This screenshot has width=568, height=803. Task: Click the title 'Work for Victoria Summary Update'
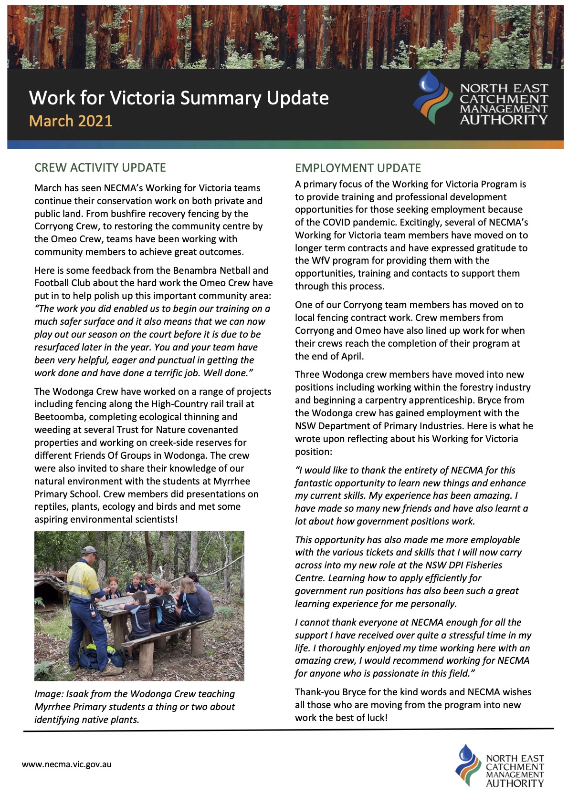click(179, 98)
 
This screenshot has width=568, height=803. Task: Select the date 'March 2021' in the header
click(71, 121)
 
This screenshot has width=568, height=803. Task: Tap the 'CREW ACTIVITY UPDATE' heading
click(100, 167)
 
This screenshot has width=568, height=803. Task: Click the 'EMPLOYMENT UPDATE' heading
click(358, 168)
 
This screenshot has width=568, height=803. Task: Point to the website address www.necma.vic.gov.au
click(67, 764)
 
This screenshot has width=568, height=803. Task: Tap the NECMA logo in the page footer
click(499, 766)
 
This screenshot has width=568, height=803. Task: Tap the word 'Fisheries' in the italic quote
click(482, 565)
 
